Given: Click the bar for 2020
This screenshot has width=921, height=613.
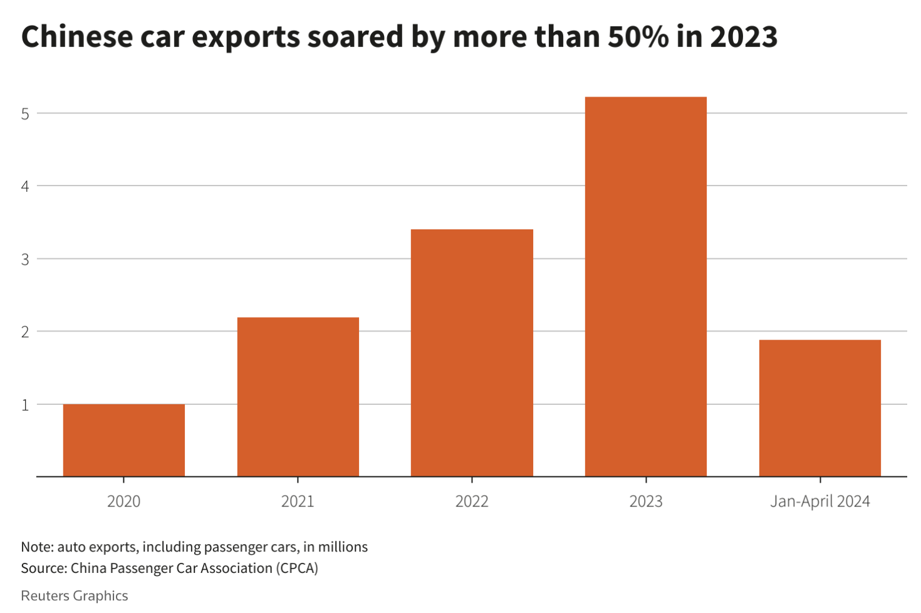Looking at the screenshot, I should coord(124,440).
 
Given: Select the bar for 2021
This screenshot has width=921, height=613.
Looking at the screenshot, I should coord(298,397).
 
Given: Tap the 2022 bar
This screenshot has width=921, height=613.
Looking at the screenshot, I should coord(472,353).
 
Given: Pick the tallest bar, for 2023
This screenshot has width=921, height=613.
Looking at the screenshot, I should coord(646,286).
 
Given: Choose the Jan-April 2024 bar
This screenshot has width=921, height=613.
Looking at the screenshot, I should coord(820,408).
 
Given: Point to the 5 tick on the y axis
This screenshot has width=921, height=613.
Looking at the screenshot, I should coord(25,114).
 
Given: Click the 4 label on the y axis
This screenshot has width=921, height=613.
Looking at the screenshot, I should coord(25,187).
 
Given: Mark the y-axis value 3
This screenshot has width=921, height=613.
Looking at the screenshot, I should coord(25,259).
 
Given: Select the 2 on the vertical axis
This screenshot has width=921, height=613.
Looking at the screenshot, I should coord(25,332).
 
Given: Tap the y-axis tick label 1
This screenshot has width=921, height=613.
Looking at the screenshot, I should coord(25,405).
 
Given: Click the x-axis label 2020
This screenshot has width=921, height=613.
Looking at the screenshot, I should coord(124,501).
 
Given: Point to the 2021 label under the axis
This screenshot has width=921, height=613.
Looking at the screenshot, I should coord(298,501).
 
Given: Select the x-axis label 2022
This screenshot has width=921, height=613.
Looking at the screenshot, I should coord(472,501).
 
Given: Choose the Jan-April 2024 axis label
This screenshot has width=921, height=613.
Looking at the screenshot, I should coord(820,501).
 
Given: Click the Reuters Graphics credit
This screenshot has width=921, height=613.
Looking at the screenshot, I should coord(75,595).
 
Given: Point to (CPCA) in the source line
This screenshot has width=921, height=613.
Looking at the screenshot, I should coord(298,568).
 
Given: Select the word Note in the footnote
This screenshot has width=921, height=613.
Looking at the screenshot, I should coord(36,547).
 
